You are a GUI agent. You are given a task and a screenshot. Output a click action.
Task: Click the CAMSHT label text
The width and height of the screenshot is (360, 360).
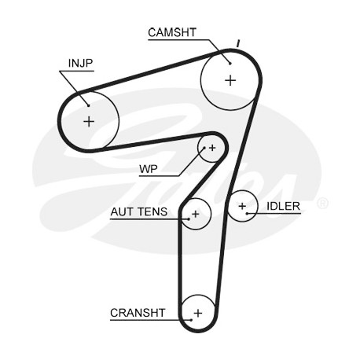coord(172,32)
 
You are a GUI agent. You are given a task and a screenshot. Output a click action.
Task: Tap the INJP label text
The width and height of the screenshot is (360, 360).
coord(80,63)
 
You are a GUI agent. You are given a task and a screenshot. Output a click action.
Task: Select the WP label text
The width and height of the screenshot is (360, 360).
coord(149,169)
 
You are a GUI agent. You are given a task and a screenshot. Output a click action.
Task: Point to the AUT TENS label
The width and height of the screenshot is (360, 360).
coord(139,211)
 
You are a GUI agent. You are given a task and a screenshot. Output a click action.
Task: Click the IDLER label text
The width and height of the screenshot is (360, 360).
coord(283,206)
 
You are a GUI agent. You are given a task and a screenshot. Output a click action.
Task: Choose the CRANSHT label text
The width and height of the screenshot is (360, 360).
coord(138,313)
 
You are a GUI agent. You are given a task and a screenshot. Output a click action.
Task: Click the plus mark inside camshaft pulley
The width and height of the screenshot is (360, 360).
coord(230,80)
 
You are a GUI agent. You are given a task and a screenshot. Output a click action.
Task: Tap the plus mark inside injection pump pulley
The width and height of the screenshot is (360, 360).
coord(89,122)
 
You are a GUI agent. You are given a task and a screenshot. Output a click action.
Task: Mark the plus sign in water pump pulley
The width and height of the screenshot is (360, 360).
coord(212,148)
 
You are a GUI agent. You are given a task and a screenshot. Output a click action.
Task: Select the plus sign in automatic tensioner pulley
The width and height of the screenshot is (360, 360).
coord(196,214)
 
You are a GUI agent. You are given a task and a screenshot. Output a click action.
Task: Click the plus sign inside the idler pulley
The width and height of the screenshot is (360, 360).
coord(242,206)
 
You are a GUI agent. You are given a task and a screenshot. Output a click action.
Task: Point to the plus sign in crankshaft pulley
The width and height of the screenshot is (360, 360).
coord(198,313)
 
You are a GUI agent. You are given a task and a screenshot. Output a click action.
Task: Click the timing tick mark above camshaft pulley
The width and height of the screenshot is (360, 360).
coord(238,43)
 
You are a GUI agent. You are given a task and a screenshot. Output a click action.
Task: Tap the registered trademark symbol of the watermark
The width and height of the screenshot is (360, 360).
coord(322,204)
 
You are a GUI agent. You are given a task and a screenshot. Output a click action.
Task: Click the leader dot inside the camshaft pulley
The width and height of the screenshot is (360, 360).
coord(230,63)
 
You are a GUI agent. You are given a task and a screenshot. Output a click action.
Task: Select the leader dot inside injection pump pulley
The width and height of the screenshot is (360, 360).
coord(89,105)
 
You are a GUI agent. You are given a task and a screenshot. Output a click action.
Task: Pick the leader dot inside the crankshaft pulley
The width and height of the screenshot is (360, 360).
coord(191,320)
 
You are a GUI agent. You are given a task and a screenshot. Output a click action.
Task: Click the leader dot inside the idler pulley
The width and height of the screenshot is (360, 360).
coord(247,214)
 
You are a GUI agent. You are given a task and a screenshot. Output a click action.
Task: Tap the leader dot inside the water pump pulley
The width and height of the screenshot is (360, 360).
coord(204,148)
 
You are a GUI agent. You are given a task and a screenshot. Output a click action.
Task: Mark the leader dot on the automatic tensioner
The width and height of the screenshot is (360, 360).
coord(189,219)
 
